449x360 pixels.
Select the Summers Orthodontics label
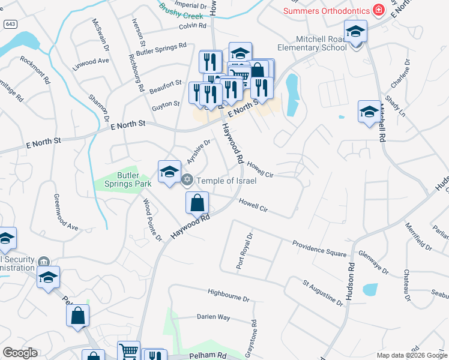point(327,10)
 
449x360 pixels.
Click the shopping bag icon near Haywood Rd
point(197,204)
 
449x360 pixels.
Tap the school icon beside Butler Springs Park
point(169,172)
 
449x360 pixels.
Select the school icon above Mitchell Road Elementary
point(355,32)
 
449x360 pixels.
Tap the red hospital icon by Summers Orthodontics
point(378,10)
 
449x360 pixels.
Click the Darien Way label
point(214,317)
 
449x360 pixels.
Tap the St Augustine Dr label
point(322,292)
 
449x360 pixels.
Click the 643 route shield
point(10,23)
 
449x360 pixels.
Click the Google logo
point(20,353)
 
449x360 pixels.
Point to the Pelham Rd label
point(208,355)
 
